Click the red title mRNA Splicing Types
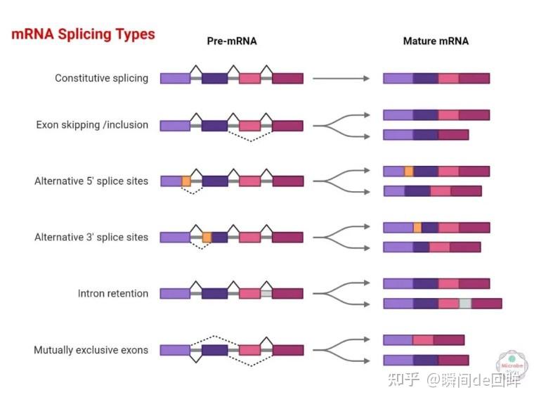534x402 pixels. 83,34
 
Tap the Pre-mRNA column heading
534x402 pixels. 231,41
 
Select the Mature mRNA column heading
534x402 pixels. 436,41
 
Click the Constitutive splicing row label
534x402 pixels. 101,78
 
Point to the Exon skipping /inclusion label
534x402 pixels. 92,125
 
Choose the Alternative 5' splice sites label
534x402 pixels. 91,181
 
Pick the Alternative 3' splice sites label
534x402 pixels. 91,238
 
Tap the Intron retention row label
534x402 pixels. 112,294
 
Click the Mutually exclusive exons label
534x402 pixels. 91,350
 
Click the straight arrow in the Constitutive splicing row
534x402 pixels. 341,78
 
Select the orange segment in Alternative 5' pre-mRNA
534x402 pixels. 186,181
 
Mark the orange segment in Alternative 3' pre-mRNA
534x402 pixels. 207,238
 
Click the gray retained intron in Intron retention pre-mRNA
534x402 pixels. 266,294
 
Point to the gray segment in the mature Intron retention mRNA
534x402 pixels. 465,304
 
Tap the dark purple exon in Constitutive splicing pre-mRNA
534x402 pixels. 214,78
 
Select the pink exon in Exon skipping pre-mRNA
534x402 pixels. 249,126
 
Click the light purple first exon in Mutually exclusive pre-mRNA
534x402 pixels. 175,350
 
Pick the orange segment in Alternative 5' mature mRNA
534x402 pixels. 409,171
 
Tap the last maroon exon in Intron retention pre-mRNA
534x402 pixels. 287,294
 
